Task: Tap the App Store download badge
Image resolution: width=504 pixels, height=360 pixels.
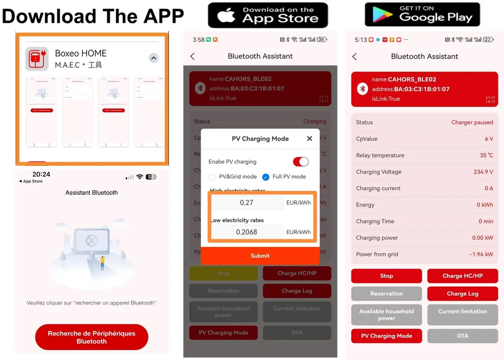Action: click(x=268, y=15)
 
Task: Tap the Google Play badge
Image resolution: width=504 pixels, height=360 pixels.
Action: click(x=422, y=15)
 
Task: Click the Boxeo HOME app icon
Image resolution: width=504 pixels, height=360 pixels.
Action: click(x=37, y=59)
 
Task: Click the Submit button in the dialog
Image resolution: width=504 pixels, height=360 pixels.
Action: click(x=260, y=256)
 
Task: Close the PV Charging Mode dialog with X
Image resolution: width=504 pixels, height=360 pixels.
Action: click(x=309, y=138)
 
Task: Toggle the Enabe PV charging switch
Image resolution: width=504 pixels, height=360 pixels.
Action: click(x=301, y=162)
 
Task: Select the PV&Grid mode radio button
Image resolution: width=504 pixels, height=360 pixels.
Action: click(x=213, y=177)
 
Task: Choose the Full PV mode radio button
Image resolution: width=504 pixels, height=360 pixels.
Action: click(x=266, y=177)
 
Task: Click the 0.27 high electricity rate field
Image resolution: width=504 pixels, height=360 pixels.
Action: click(x=247, y=203)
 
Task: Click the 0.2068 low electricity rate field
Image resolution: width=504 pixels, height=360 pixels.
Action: click(x=247, y=232)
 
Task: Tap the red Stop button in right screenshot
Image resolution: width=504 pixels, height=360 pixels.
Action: click(x=386, y=276)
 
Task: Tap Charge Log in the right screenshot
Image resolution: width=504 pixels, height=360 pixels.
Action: click(x=463, y=293)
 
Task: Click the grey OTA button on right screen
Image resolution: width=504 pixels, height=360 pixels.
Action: click(x=463, y=336)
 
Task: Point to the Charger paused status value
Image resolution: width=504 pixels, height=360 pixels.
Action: click(x=472, y=122)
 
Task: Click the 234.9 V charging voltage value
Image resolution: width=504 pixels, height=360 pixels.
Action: click(x=483, y=172)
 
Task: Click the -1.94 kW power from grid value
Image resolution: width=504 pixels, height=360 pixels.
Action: click(x=481, y=254)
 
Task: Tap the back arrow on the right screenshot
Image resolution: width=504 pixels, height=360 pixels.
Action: click(x=355, y=57)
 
